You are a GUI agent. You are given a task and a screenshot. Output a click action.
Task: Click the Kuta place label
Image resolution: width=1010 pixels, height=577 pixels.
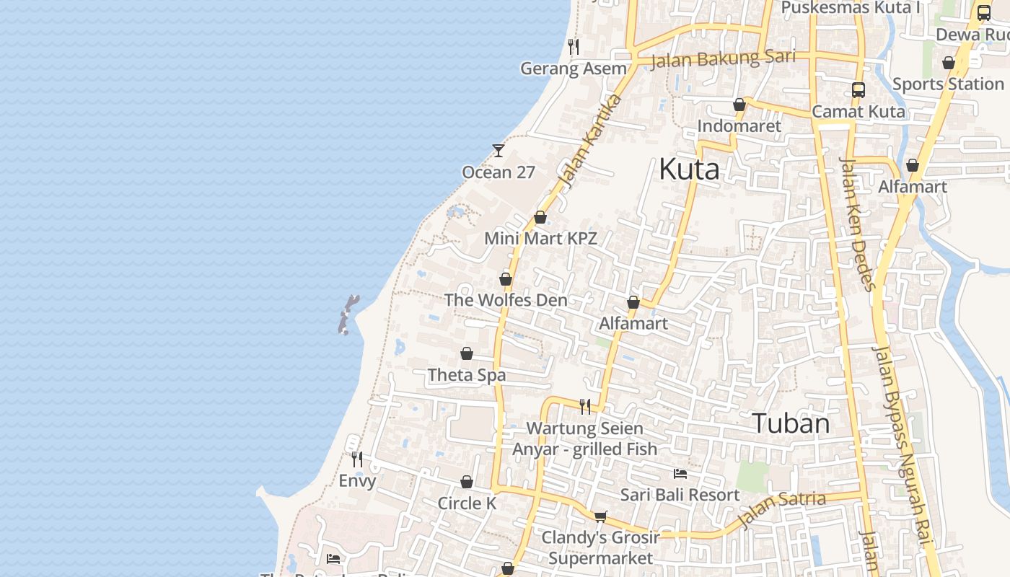tap(689, 169)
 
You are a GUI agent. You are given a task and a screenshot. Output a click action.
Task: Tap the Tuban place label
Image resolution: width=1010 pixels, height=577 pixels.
tap(791, 423)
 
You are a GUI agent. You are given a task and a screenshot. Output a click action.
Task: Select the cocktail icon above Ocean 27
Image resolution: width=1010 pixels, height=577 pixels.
tap(499, 151)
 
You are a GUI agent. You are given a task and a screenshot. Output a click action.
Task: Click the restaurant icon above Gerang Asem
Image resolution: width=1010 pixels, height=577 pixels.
tap(574, 47)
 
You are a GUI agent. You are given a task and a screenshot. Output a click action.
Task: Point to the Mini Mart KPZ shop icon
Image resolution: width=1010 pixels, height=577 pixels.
tap(540, 217)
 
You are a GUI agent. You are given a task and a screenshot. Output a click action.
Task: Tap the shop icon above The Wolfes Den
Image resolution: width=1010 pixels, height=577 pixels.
tap(506, 279)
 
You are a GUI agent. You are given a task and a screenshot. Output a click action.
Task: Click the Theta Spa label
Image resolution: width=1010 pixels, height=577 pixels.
tap(467, 375)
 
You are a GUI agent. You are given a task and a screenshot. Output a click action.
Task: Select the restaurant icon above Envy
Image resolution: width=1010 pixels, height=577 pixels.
tap(357, 459)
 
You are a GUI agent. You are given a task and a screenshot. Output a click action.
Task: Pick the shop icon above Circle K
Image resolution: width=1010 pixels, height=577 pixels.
tap(467, 482)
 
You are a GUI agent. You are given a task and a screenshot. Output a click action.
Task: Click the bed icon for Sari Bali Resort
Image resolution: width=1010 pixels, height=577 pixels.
tap(680, 474)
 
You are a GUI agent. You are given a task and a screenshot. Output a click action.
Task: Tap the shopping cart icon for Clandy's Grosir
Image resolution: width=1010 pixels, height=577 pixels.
tap(600, 516)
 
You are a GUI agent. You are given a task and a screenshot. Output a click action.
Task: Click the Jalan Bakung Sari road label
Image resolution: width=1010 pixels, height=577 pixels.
tap(722, 58)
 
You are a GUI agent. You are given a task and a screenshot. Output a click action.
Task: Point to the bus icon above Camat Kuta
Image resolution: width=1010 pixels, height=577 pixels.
tap(858, 90)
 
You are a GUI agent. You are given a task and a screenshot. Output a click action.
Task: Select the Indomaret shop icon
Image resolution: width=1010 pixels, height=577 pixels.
tap(739, 105)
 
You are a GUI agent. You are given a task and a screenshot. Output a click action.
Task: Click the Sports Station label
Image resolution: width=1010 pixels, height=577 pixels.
tap(948, 84)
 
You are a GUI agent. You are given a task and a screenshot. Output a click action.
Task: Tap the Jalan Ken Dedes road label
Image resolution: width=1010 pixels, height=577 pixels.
tap(857, 224)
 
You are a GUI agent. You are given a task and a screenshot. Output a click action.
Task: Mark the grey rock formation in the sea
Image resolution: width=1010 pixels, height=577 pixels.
tap(347, 314)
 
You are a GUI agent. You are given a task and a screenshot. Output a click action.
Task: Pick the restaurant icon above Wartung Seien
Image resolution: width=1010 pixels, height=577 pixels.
tap(585, 407)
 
